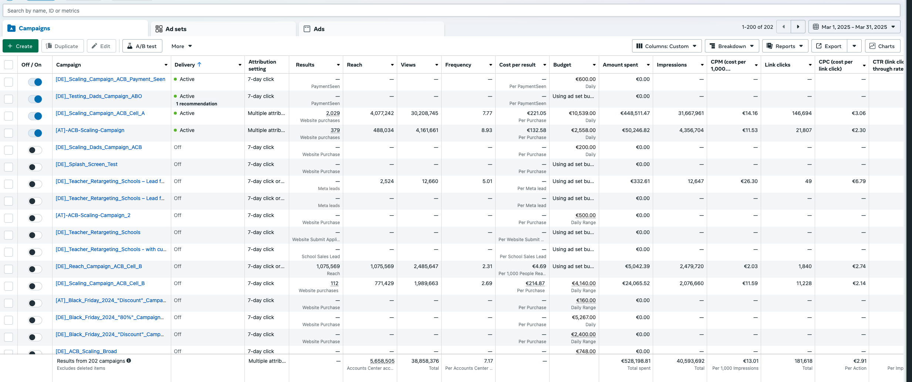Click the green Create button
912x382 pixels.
pos(20,46)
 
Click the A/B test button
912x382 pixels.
pos(142,46)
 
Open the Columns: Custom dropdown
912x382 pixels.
pos(667,46)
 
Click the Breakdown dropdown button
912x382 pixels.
pos(732,46)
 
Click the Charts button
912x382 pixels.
pos(882,46)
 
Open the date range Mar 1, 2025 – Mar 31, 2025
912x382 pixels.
pos(854,27)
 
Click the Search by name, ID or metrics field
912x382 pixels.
pos(451,11)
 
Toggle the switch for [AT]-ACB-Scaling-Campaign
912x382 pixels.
pos(35,133)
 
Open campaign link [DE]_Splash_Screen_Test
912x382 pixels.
pos(87,164)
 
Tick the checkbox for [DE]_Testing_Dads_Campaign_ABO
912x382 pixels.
pos(9,99)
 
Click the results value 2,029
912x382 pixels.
pos(333,113)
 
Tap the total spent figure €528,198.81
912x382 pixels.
pos(636,361)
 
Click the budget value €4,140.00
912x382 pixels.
pos(584,283)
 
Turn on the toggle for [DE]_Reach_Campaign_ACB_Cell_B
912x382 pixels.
pos(35,269)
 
